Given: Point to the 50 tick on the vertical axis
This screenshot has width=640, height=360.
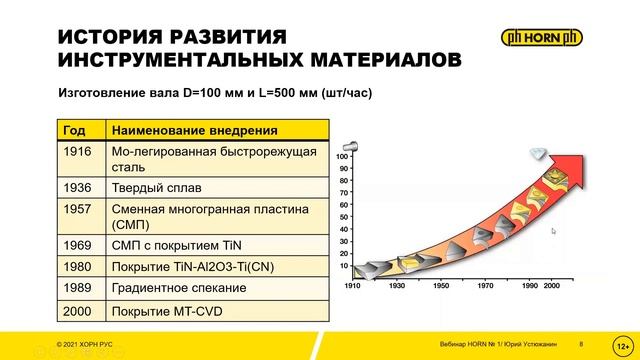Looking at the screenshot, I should tap(343, 217).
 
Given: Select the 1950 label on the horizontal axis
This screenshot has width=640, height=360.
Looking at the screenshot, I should tap(442, 285).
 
